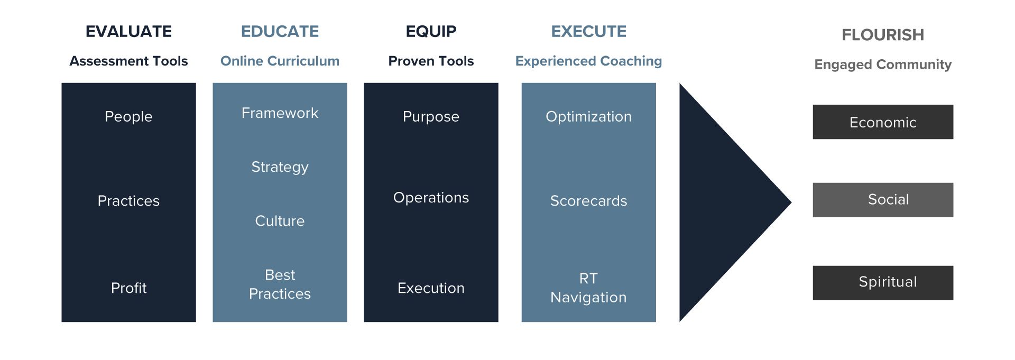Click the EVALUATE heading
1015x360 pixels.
(128, 32)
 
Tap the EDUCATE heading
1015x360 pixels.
(280, 32)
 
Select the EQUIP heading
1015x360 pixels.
(431, 32)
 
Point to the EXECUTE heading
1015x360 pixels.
(588, 32)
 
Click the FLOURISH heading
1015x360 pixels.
(882, 35)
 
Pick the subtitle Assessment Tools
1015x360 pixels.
(128, 61)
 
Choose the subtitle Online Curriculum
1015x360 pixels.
(280, 61)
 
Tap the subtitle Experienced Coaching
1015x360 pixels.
(588, 61)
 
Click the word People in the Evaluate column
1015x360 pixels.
(128, 116)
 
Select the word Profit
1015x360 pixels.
(128, 288)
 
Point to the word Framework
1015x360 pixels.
(280, 113)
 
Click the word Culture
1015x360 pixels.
(280, 221)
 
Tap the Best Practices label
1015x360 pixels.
(280, 284)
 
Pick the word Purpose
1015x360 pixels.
(431, 116)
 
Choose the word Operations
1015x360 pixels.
(431, 198)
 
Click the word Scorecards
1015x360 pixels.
(588, 201)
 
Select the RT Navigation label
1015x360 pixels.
(588, 288)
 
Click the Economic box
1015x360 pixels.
(883, 122)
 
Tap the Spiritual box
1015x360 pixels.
(883, 283)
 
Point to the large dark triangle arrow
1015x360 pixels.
(724, 202)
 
